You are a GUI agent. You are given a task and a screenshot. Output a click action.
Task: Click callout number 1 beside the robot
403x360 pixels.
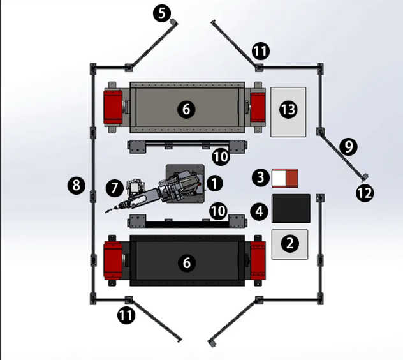tap(214, 183)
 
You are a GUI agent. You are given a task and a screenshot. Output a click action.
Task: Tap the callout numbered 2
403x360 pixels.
tap(289, 243)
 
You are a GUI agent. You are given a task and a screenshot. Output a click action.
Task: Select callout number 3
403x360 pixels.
tap(261, 177)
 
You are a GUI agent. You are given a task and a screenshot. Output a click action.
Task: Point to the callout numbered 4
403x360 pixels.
tap(260, 211)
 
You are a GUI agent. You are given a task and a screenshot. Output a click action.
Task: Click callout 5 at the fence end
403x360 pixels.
tap(162, 13)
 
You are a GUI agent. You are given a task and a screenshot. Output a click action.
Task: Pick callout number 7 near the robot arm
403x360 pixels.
tap(114, 188)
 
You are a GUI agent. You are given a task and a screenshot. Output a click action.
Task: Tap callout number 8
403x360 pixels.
tap(77, 185)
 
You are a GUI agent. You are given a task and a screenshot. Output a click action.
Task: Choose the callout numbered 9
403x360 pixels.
tap(348, 147)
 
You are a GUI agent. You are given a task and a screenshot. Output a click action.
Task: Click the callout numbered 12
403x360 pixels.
tap(365, 193)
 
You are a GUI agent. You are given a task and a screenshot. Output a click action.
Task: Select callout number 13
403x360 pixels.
tap(288, 110)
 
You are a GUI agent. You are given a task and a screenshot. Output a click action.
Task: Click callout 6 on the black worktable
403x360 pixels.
tap(187, 263)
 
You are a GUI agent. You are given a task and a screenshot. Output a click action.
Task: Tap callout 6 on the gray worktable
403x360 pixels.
tap(186, 109)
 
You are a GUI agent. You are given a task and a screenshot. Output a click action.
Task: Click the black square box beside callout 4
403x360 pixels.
tap(291, 209)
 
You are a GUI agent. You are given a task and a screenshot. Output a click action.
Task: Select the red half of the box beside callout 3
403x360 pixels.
tap(291, 178)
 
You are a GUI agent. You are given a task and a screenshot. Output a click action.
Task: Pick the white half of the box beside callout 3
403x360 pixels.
tap(279, 179)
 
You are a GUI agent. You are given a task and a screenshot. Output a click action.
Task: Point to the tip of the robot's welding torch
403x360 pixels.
tap(105, 213)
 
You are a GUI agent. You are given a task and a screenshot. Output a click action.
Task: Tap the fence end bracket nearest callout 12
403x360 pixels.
tap(365, 177)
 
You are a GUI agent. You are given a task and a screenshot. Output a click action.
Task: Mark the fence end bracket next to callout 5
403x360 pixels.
tap(174, 21)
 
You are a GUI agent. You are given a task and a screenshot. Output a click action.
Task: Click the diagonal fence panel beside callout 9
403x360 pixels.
tap(342, 154)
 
